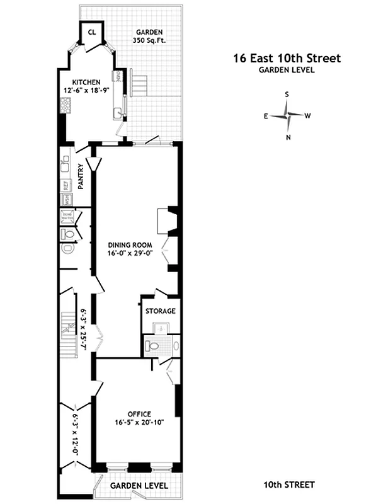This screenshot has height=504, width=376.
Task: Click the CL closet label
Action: tap(92, 32)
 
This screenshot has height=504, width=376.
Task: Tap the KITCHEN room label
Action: tap(87, 83)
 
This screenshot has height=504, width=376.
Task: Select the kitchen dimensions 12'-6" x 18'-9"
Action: tap(87, 91)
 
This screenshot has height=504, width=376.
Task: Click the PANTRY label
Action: tap(81, 176)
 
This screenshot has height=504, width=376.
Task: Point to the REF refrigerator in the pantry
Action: tap(66, 185)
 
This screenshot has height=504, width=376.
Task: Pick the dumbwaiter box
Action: tap(67, 216)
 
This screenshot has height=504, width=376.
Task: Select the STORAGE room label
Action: tap(160, 311)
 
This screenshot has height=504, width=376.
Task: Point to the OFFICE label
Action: tap(139, 414)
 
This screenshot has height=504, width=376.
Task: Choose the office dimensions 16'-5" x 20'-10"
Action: tap(139, 422)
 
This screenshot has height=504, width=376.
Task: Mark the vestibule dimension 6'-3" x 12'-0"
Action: tap(76, 434)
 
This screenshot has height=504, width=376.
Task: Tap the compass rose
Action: tap(288, 115)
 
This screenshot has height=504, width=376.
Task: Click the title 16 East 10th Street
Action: tap(287, 59)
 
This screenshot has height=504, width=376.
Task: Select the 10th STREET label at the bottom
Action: tap(288, 484)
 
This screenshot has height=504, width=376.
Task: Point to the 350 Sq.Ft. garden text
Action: tap(149, 40)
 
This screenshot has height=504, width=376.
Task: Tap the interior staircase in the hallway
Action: tap(67, 328)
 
